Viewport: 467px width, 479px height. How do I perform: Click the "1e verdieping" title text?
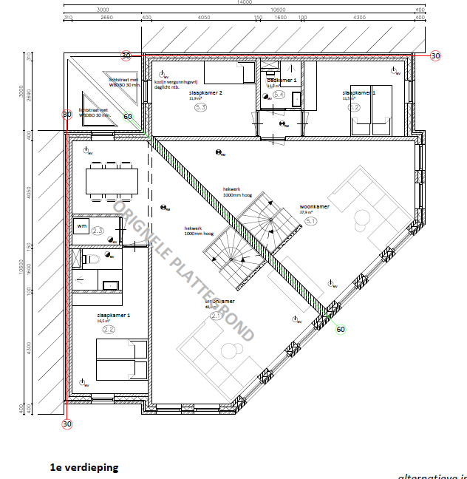click(83, 467)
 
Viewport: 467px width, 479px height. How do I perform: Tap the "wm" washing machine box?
click(81, 225)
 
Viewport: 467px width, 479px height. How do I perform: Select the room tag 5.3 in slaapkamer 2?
click(200, 107)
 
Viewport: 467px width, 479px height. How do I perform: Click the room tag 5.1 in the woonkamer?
click(310, 220)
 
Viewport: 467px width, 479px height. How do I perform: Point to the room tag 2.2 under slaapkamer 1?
click(109, 330)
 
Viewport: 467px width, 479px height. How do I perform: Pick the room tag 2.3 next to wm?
click(98, 231)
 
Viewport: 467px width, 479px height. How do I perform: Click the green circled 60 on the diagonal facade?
click(341, 330)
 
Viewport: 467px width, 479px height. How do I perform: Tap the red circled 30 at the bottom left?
click(67, 424)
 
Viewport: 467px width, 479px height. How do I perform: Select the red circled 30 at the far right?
click(435, 55)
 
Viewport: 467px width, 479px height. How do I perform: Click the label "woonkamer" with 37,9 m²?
click(313, 206)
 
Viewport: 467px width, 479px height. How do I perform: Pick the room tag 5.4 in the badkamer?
click(279, 95)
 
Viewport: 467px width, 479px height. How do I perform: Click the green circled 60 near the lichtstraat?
click(128, 116)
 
